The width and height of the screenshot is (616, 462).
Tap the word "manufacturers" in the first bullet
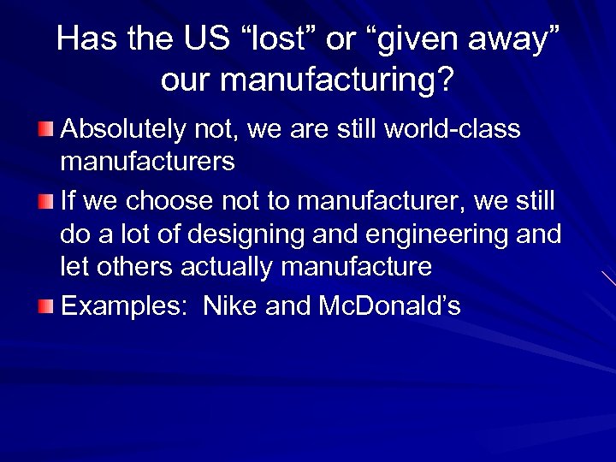pyautogui.click(x=148, y=162)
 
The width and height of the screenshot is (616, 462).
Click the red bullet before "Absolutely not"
pyautogui.click(x=45, y=129)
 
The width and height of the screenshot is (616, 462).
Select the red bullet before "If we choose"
pyautogui.click(x=45, y=202)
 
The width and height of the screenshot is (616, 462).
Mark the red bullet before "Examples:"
pyautogui.click(x=45, y=306)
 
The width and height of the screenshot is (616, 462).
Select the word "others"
pyautogui.click(x=135, y=267)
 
